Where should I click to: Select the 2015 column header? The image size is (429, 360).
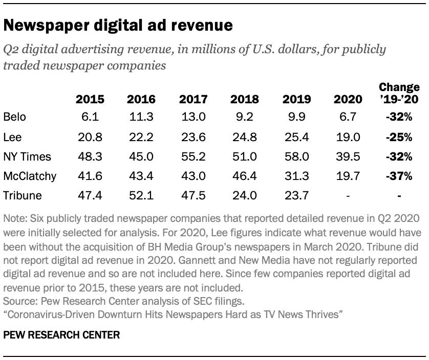tap(90, 99)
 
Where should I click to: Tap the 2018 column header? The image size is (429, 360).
tap(244, 99)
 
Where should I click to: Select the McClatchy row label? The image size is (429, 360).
tap(30, 176)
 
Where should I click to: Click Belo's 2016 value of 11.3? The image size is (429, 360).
tap(141, 117)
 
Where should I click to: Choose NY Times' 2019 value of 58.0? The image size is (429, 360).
tap(297, 156)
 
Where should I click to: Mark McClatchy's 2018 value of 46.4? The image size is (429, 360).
tap(245, 176)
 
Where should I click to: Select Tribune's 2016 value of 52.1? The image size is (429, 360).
tap(141, 196)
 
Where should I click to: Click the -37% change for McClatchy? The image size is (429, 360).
tap(399, 176)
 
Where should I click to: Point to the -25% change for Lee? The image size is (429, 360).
tap(399, 137)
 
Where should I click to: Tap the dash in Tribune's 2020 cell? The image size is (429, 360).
tap(349, 196)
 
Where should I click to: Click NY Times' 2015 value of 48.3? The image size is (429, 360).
tap(90, 156)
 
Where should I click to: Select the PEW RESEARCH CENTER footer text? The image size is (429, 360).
tap(61, 335)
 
